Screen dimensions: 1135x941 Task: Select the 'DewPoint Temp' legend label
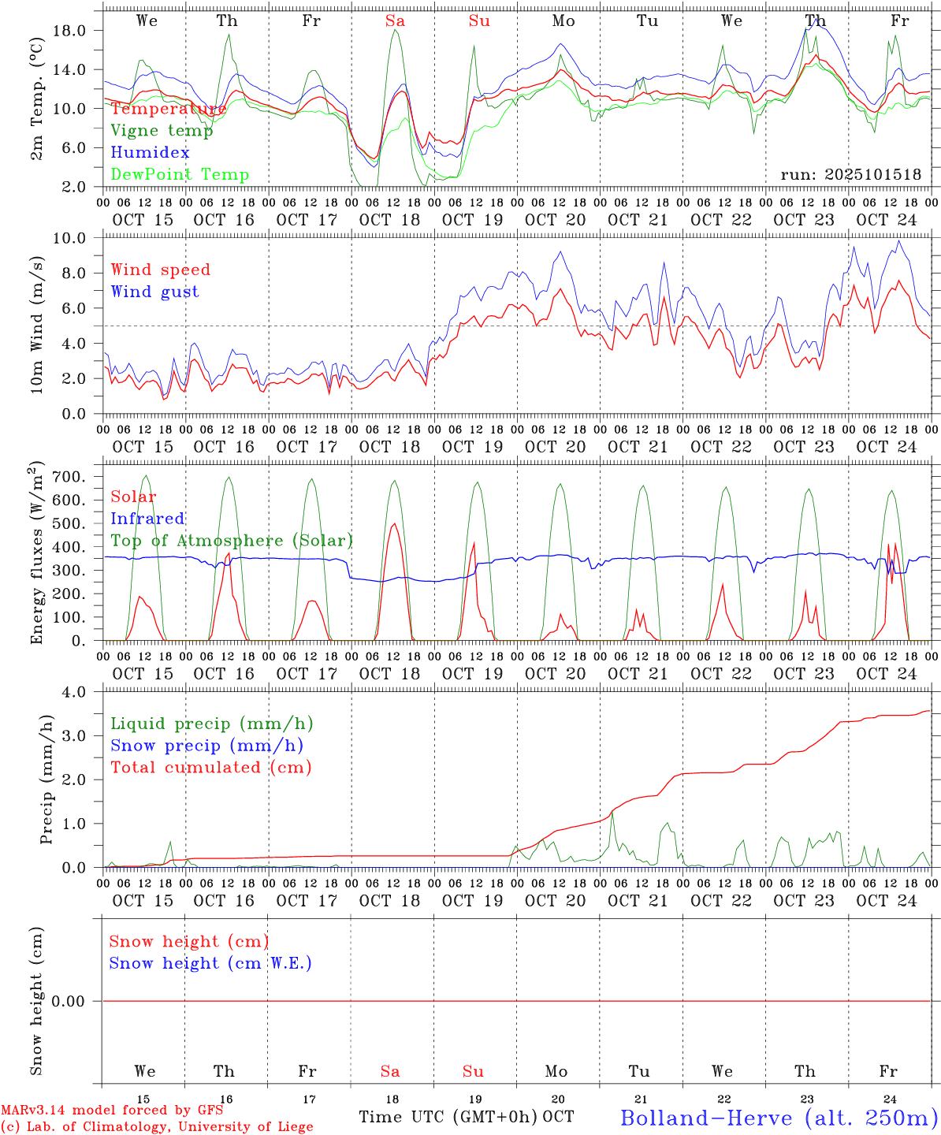(x=180, y=174)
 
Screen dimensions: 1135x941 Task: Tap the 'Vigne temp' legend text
(x=162, y=130)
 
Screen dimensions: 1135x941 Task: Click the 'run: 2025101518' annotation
(x=850, y=174)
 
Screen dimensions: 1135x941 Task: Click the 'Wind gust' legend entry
(x=154, y=292)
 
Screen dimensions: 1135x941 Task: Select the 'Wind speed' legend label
(x=160, y=270)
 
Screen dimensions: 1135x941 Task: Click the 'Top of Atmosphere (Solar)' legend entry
(x=231, y=541)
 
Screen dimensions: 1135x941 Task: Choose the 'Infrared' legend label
(x=147, y=519)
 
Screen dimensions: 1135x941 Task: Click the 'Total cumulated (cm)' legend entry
(x=210, y=767)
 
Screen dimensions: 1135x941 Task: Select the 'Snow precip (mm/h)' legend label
(x=206, y=746)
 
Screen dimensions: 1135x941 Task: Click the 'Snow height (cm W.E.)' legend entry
(x=210, y=963)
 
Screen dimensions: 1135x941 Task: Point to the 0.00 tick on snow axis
(x=75, y=1001)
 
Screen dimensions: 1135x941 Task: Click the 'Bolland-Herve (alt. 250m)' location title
(x=779, y=1117)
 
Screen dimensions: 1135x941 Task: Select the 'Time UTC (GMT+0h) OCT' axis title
(x=466, y=1117)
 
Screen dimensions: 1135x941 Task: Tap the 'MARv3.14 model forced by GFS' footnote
(x=112, y=1111)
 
